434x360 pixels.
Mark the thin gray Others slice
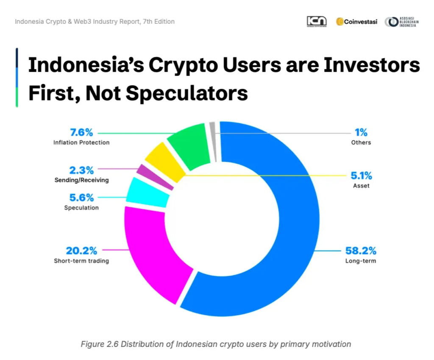[x=213, y=142]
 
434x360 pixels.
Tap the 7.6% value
[x=81, y=132]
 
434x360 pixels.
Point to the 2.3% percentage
[x=81, y=170]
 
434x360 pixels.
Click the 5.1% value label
[x=361, y=175]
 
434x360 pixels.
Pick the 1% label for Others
[x=361, y=132]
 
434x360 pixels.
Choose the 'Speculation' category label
[x=81, y=208]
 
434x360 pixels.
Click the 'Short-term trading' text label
[x=81, y=261]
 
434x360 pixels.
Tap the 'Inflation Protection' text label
[x=81, y=142]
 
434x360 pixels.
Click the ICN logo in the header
[x=317, y=22]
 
